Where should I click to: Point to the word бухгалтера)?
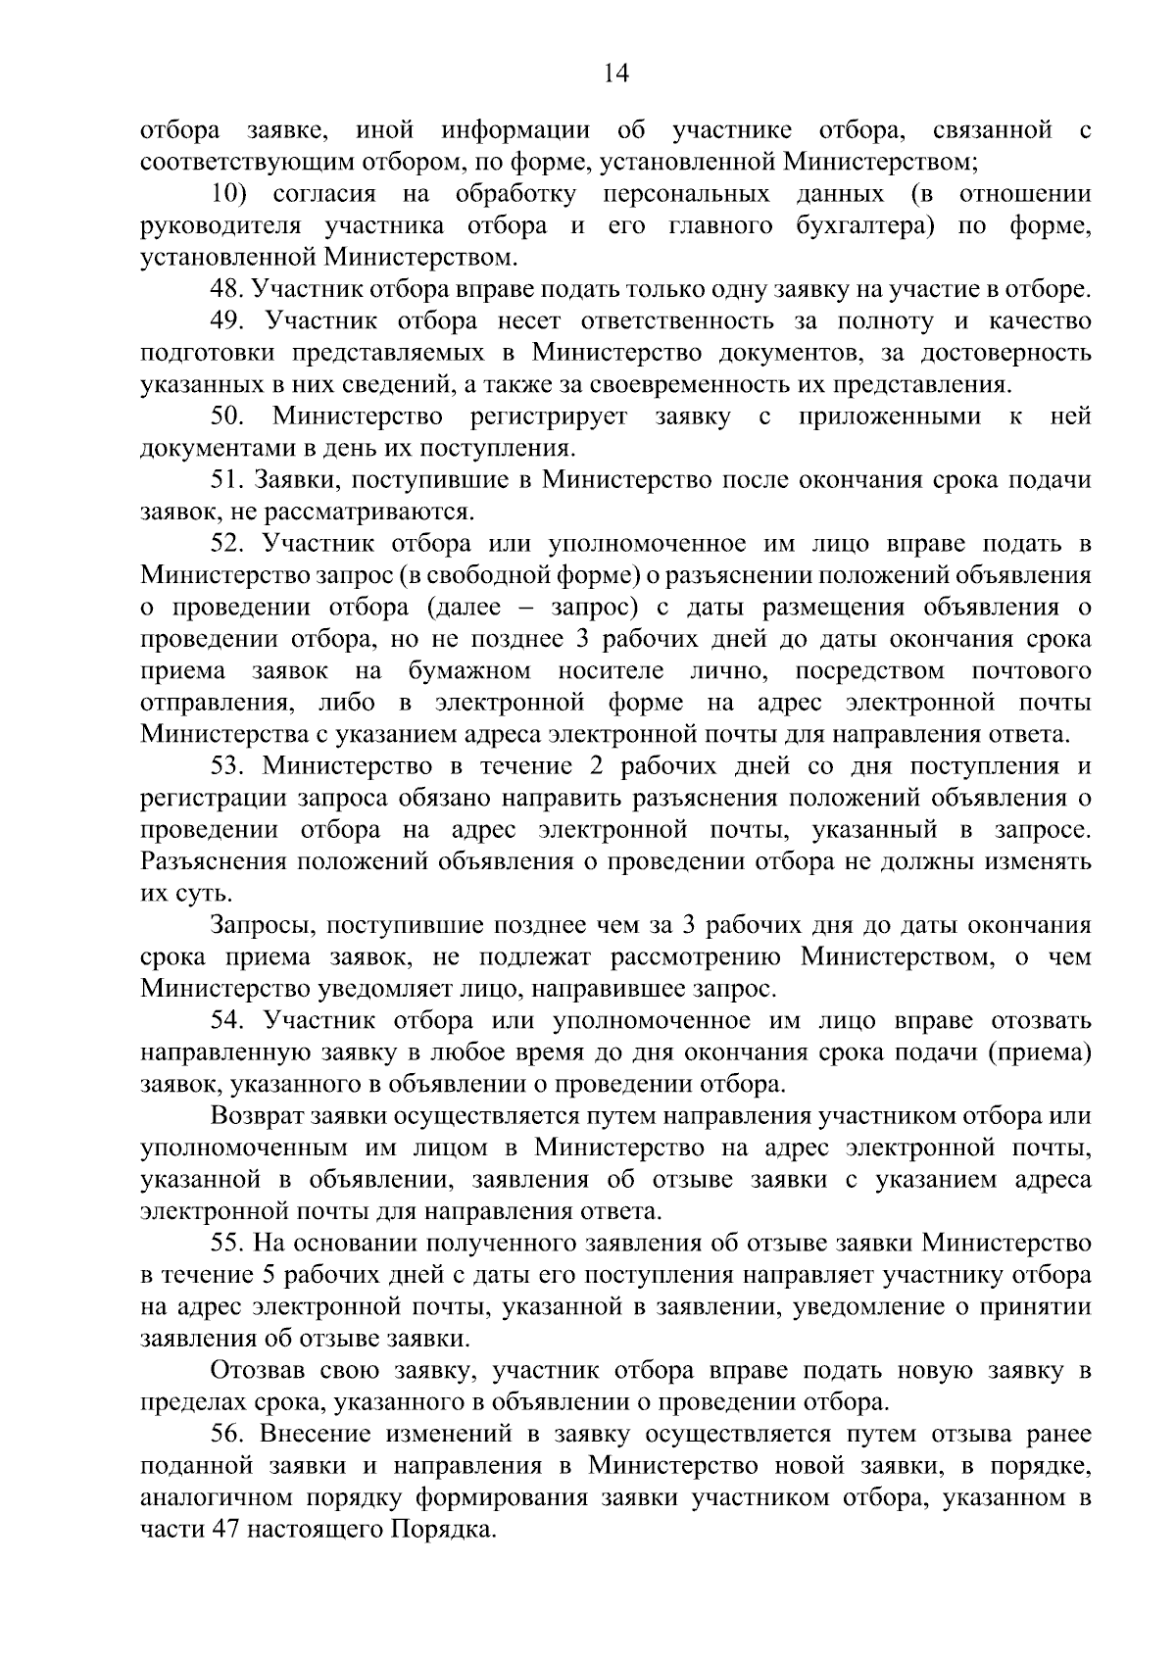coord(861,226)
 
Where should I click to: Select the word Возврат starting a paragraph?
coord(257,1116)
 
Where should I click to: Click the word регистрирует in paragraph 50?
coord(549,416)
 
